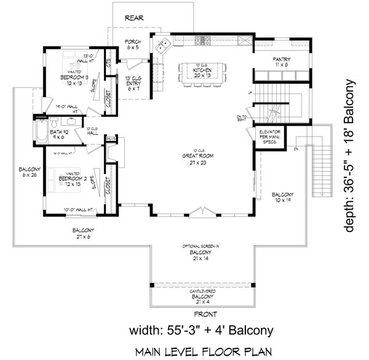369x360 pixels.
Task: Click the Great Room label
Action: pos(196,157)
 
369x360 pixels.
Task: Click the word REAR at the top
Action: pos(134,18)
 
